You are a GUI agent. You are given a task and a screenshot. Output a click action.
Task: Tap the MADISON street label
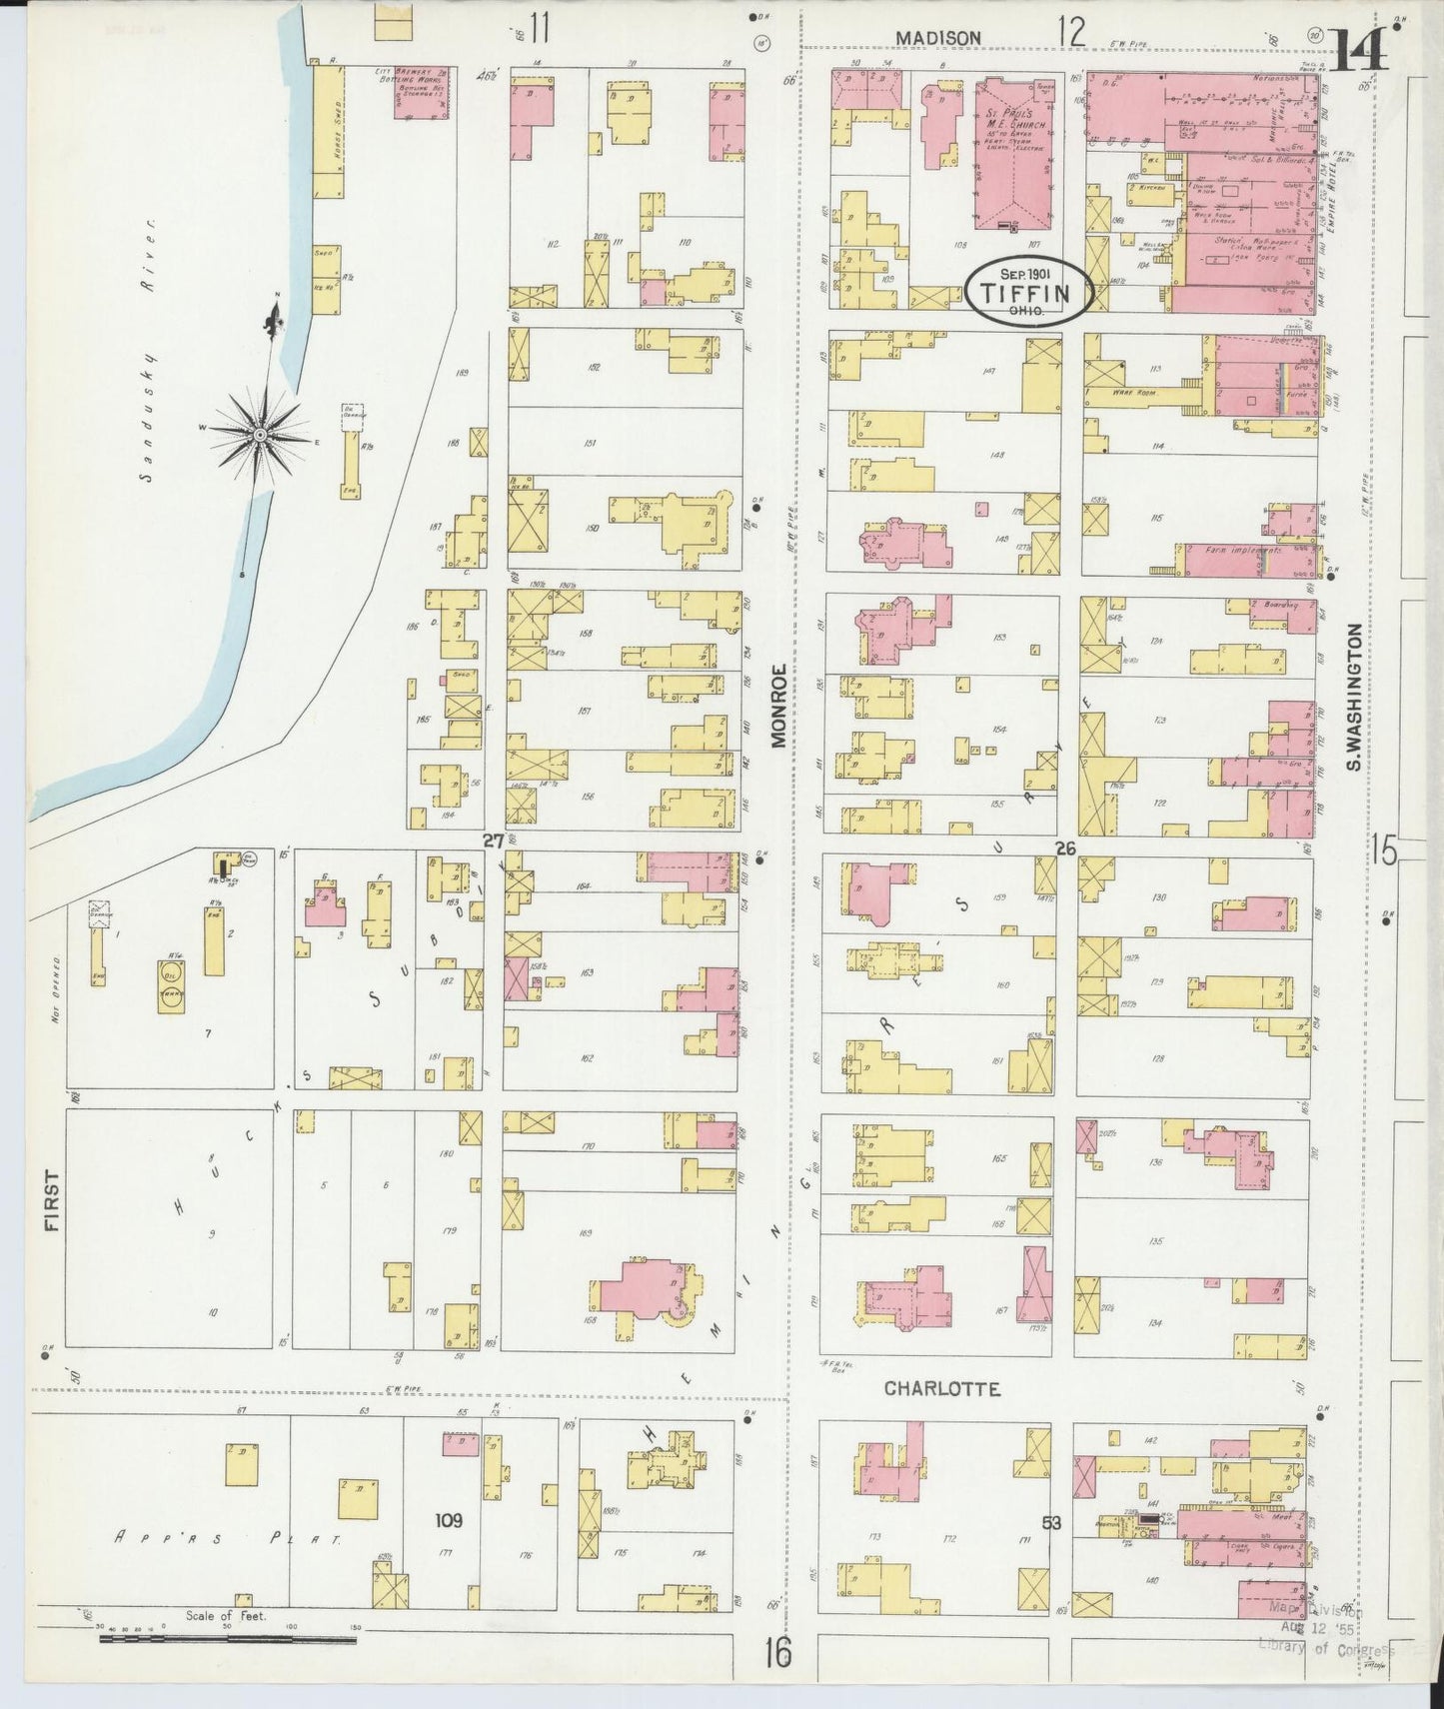tap(937, 38)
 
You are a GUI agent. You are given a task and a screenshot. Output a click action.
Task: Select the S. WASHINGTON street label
tap(1354, 698)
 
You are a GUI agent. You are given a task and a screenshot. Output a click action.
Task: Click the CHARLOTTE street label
tap(942, 1388)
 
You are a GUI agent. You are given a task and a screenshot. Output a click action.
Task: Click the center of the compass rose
tap(260, 434)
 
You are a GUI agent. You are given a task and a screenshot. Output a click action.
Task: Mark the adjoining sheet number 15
tap(1383, 851)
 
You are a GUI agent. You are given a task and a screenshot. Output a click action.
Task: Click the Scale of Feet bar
tap(228, 1640)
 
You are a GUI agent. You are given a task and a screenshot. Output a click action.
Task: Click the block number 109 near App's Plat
tap(449, 1521)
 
